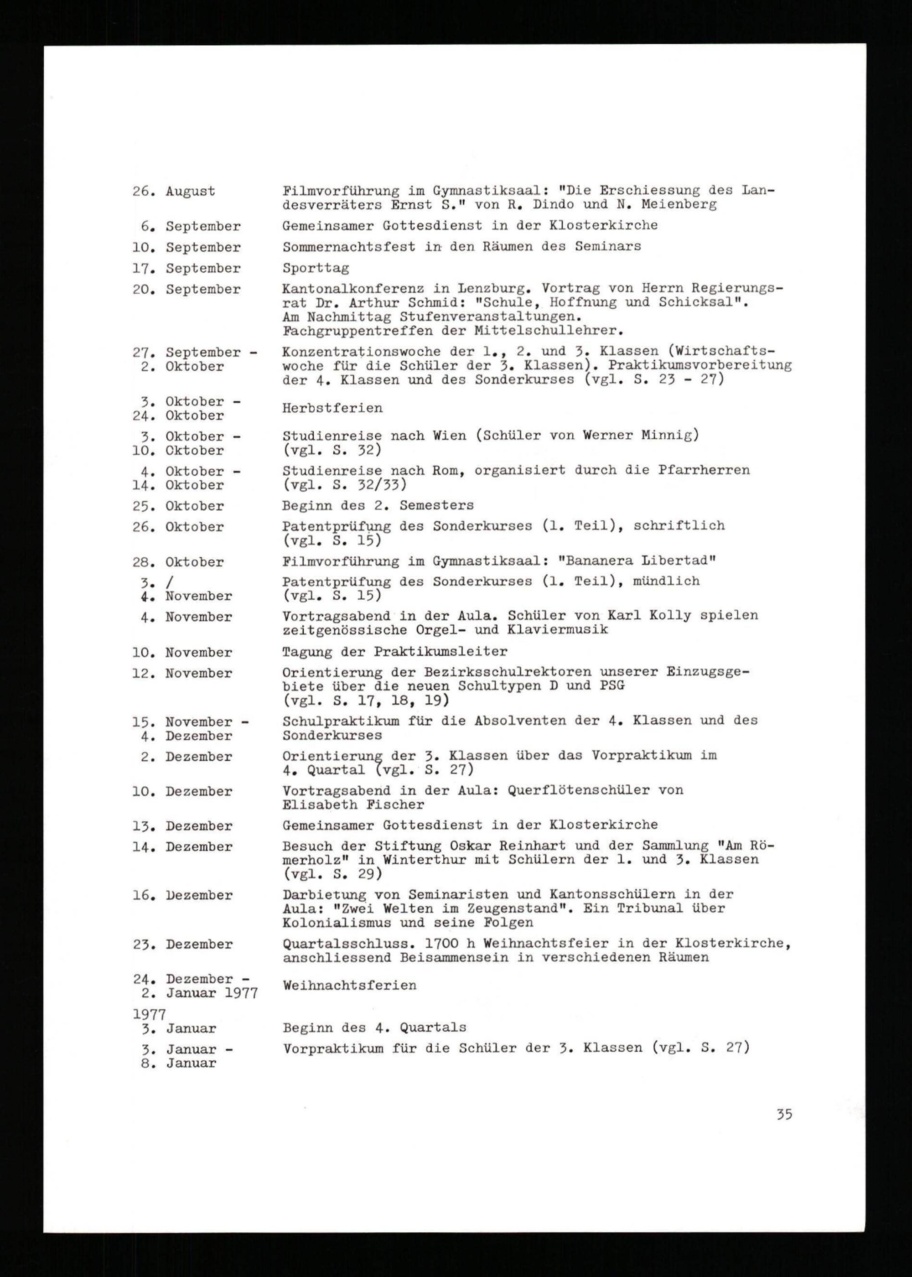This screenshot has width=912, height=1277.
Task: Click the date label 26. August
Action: coord(174,192)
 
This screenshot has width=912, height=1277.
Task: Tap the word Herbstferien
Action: coord(332,408)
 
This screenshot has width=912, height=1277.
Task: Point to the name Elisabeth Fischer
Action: coord(352,805)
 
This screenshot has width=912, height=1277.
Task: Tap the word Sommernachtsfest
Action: coord(349,247)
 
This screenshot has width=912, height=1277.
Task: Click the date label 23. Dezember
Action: coord(182,945)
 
